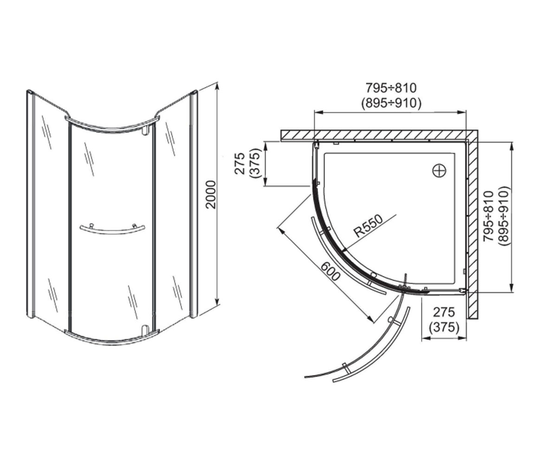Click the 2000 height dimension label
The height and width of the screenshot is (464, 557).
point(211,194)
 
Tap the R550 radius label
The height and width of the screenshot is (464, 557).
point(368,226)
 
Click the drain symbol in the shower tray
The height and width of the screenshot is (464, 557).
point(440,171)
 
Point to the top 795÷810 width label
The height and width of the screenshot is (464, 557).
point(391,88)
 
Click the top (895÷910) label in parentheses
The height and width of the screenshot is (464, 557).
point(391,103)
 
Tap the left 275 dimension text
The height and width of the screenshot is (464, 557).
point(240,163)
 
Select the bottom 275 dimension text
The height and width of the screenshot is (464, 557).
point(444,312)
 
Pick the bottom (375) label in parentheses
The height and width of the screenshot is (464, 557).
point(444,327)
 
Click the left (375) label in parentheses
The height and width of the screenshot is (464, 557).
point(254,163)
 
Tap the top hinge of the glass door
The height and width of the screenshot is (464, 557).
point(145,130)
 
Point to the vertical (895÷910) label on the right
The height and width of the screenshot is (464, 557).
point(504,216)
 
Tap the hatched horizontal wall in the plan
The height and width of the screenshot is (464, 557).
point(379,135)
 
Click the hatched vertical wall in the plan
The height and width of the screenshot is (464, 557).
point(473,229)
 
